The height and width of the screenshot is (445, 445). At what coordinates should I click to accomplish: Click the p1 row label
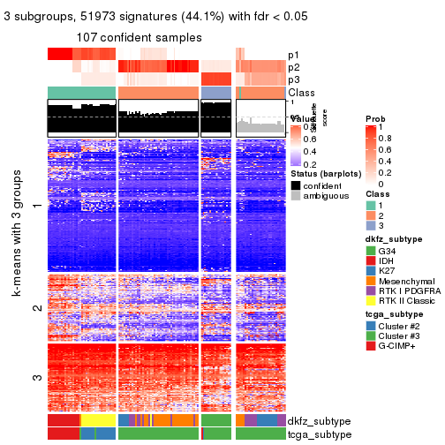[293, 55]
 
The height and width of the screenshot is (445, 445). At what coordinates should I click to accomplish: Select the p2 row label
[293, 67]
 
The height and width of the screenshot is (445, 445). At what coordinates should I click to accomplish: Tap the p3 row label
[293, 79]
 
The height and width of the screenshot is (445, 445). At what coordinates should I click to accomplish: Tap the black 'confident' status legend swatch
[296, 185]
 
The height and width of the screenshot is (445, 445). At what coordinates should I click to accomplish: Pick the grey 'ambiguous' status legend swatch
[296, 198]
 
